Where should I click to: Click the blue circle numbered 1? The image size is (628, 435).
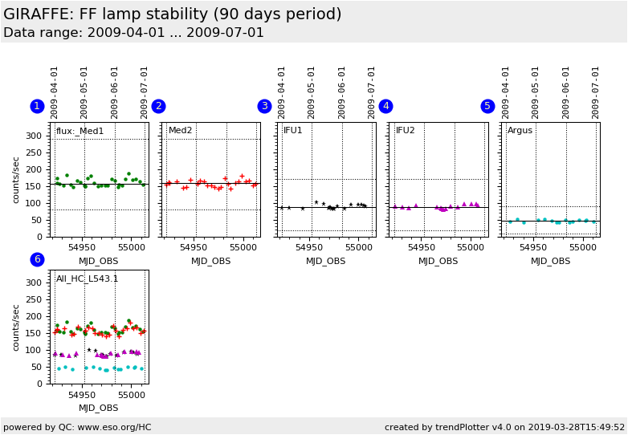pyautogui.click(x=37, y=106)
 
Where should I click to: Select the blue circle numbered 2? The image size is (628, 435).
pyautogui.click(x=158, y=106)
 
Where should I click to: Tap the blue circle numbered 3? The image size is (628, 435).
pyautogui.click(x=264, y=106)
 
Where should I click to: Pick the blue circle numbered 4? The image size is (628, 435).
pyautogui.click(x=385, y=106)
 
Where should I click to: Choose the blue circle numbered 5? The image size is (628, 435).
pyautogui.click(x=487, y=106)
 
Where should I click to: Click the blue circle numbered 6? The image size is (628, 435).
pyautogui.click(x=37, y=259)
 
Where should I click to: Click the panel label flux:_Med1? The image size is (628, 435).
pyautogui.click(x=80, y=131)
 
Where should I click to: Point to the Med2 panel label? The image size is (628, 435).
pyautogui.click(x=180, y=131)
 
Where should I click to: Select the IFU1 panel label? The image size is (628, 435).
pyautogui.click(x=293, y=131)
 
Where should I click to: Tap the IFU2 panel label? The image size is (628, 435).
pyautogui.click(x=406, y=131)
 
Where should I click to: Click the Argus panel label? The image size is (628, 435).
pyautogui.click(x=520, y=131)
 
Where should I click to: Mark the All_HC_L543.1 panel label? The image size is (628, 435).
pyautogui.click(x=87, y=278)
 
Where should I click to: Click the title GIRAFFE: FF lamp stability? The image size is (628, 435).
pyautogui.click(x=172, y=14)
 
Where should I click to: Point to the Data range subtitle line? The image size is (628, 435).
pyautogui.click(x=133, y=33)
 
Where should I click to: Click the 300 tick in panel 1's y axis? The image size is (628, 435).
pyautogui.click(x=33, y=136)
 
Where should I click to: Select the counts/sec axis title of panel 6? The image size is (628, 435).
pyautogui.click(x=16, y=327)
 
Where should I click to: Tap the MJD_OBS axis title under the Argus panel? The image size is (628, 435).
pyautogui.click(x=550, y=261)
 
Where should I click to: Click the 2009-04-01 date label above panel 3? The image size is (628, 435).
pyautogui.click(x=283, y=92)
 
